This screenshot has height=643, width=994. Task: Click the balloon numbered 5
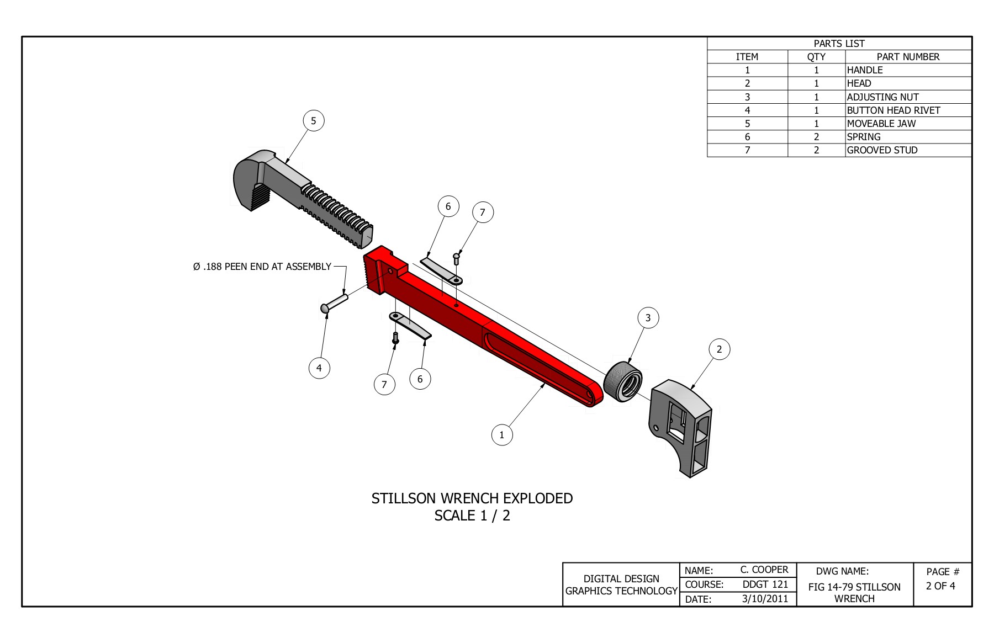pos(314,121)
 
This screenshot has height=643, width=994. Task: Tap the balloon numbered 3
pos(648,318)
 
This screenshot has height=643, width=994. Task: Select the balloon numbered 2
pos(719,349)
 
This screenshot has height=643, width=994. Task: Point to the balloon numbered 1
pos(501,435)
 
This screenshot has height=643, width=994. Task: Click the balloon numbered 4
pos(319,368)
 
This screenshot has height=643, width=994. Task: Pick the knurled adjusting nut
pos(622,381)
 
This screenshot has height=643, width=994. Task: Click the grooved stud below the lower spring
pos(395,338)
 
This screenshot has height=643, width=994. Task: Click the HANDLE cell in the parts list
pos(864,70)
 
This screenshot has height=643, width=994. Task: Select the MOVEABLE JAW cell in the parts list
pos(881,124)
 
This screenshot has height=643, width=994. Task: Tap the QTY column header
pos(816,57)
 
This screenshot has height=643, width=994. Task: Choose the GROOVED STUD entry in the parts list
pos(882,150)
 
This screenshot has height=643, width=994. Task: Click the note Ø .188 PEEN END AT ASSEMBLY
pos(262,267)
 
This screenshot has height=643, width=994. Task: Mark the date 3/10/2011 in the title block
pos(765,599)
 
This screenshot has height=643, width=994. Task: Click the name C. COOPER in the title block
pos(764,570)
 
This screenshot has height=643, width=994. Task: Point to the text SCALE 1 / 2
pos(472,516)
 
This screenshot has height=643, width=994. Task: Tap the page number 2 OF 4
pos(940,586)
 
